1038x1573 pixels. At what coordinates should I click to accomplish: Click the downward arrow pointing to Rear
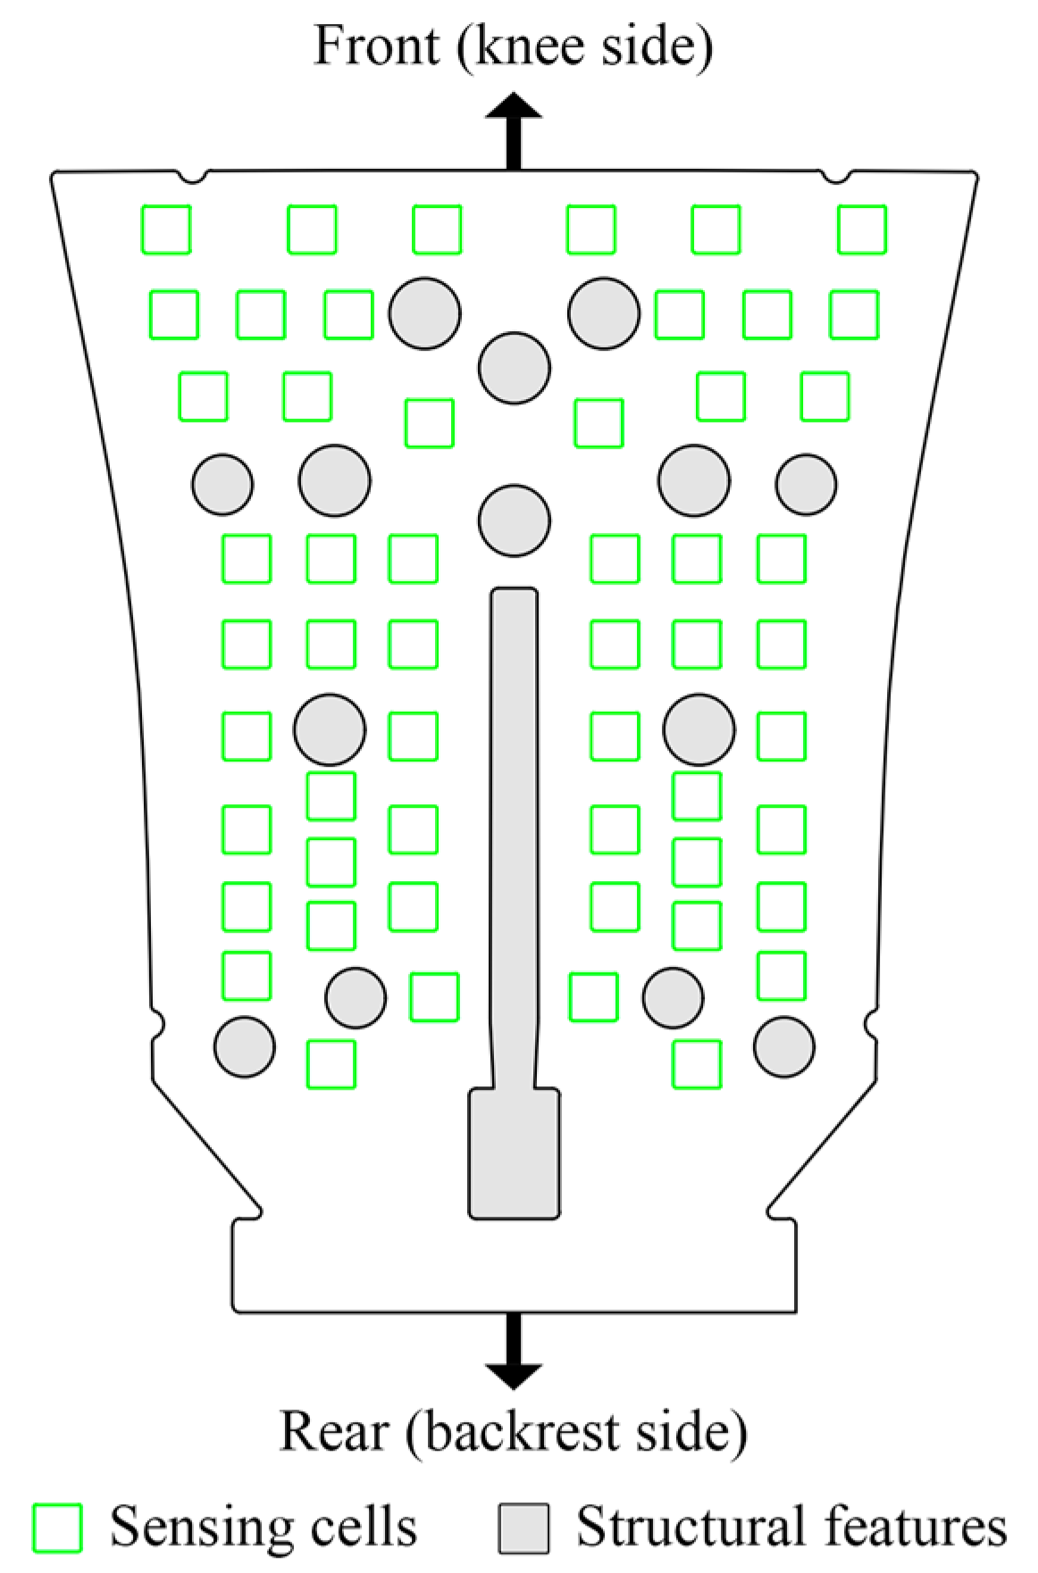pos(514,1351)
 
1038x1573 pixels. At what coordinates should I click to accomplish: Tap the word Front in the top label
pos(378,46)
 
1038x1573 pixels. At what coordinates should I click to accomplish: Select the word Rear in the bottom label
pos(334,1431)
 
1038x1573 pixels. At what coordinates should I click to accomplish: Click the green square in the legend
pos(58,1527)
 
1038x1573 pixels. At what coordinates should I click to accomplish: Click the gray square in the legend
pos(524,1527)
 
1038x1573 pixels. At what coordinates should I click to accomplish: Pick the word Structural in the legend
pos(690,1526)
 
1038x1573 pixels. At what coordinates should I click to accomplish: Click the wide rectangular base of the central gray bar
pos(515,1153)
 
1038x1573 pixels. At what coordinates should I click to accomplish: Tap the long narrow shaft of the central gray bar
pos(515,837)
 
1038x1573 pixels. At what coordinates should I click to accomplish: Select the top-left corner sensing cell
pos(166,229)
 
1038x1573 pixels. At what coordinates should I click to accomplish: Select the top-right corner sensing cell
pos(862,229)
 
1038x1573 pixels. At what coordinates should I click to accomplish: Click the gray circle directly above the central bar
pos(514,520)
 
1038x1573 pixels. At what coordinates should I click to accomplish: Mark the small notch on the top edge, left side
pos(193,176)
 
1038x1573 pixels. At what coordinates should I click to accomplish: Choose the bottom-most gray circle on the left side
pos(245,1046)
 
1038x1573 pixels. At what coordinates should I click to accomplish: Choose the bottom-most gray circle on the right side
pos(784,1046)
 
